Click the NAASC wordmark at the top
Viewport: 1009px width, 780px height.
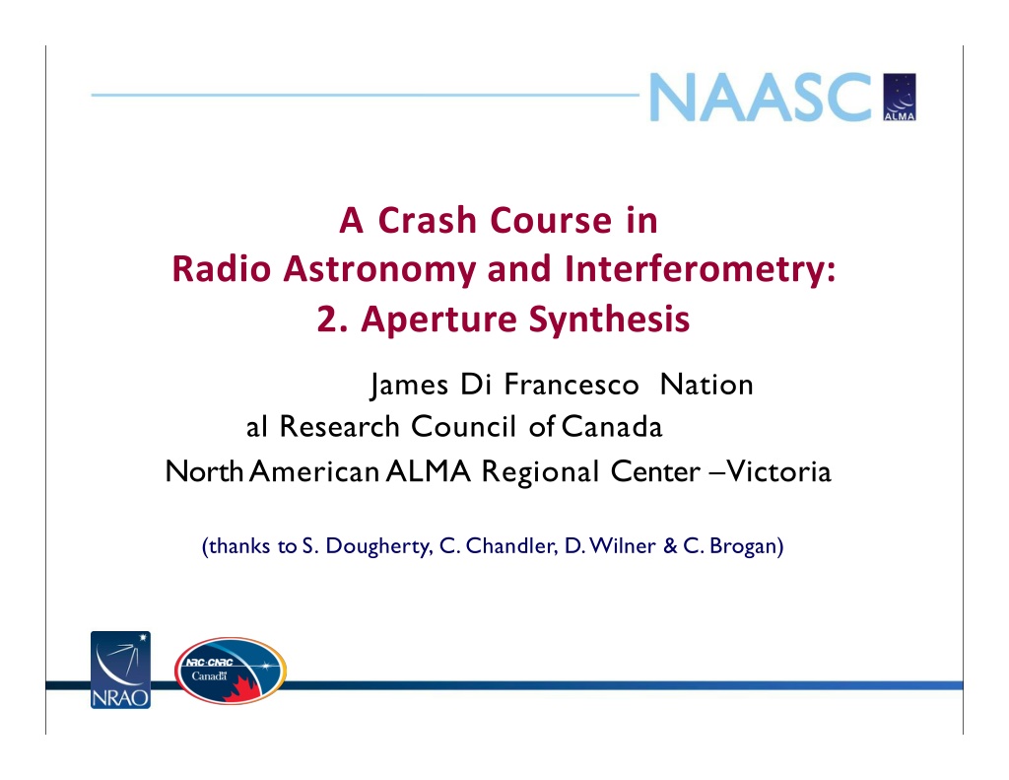pos(761,97)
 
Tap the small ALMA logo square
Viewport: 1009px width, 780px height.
pos(900,97)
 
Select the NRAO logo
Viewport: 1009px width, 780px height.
pos(120,670)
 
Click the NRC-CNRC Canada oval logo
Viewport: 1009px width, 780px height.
pos(231,671)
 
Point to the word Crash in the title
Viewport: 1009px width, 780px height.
pos(429,220)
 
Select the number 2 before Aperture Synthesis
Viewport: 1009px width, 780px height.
pos(326,319)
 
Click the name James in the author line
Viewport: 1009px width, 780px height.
pos(409,386)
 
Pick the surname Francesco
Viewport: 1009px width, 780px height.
pos(572,385)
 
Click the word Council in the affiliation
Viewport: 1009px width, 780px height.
pos(463,426)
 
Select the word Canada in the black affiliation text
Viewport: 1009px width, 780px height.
pos(612,426)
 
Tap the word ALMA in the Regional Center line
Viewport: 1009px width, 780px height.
pos(429,471)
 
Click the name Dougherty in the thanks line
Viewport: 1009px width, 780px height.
pos(377,546)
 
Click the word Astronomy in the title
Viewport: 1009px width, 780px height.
pos(384,268)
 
